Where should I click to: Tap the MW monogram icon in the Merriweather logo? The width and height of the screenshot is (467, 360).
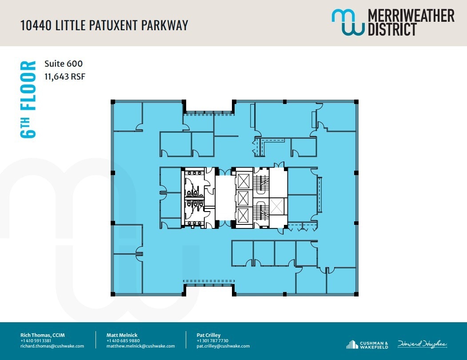(347, 22)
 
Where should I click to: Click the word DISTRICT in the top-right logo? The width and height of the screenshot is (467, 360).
(391, 29)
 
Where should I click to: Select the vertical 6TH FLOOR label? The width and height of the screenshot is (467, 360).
(28, 100)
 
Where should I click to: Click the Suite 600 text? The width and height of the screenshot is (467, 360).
(64, 64)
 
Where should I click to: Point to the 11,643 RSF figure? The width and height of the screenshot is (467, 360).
(64, 76)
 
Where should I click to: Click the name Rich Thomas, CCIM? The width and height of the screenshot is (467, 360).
(43, 335)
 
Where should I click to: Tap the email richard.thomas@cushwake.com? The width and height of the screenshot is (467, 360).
(52, 346)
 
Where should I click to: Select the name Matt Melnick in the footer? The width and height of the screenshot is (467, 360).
(123, 335)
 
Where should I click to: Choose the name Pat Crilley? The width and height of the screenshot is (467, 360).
(208, 335)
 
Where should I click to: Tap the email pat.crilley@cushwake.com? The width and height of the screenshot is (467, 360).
(223, 346)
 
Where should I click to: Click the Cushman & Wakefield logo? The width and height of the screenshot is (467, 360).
(367, 344)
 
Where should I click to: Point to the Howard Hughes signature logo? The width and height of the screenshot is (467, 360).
(422, 344)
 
